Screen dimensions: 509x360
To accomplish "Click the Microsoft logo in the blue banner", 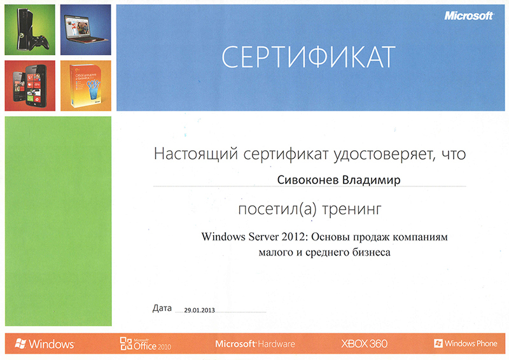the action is [x=469, y=15].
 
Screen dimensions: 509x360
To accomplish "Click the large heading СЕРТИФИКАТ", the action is [x=309, y=57].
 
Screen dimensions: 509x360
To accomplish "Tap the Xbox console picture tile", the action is [x=30, y=29].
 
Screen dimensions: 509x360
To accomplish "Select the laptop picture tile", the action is [x=86, y=29].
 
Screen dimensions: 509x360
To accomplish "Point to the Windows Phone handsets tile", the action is [x=30, y=86].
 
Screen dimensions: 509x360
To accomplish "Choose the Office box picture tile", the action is [x=86, y=86].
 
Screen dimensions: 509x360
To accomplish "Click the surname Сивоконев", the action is [x=307, y=179].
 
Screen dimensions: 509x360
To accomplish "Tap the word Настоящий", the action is [x=196, y=153].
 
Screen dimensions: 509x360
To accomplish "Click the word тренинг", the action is [x=352, y=209].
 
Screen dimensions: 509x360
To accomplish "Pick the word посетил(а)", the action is [x=277, y=209].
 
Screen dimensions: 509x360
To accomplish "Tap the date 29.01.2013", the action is [x=199, y=310].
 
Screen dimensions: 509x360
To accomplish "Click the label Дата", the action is [x=162, y=308].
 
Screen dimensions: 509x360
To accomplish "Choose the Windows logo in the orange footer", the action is [x=45, y=343].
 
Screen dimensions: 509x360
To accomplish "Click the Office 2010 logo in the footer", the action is [x=146, y=343].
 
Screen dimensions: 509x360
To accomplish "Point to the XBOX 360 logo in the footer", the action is [x=364, y=343].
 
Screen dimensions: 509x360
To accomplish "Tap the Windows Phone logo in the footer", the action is [x=466, y=343].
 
